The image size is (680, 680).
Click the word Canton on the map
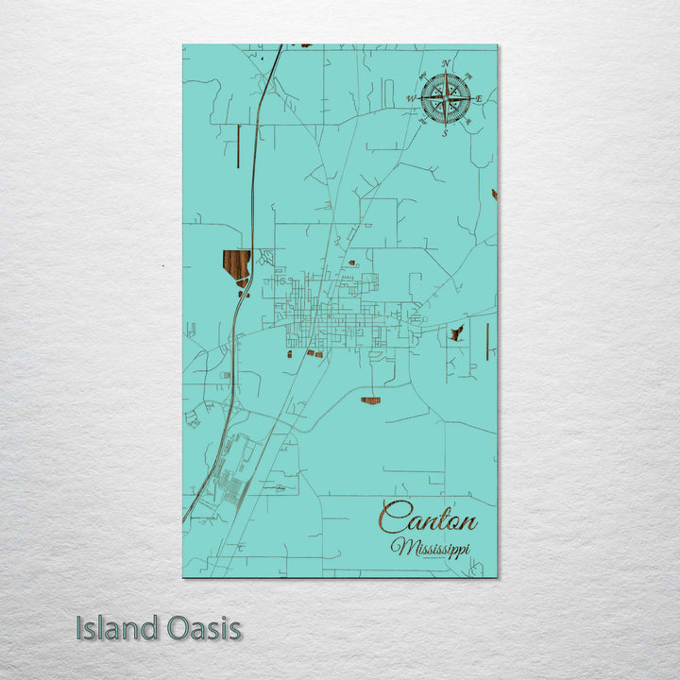pos(428,518)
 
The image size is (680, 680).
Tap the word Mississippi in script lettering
pos(431,548)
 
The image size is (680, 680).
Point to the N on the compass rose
pos(446,63)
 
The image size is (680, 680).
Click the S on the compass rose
pos(446,133)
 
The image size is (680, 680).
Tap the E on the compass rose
pos(480,98)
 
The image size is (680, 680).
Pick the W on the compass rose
pos(411,98)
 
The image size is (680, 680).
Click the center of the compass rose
pos(446,98)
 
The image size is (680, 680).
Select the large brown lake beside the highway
pos(236,265)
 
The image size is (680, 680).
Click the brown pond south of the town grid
pos(370,400)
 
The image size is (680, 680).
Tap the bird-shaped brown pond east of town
pos(457,333)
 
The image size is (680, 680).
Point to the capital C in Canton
pos(392,518)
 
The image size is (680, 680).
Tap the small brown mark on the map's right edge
pos(494,195)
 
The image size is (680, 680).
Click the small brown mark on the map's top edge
pos(305,45)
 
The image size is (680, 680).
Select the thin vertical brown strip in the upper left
pos(237,147)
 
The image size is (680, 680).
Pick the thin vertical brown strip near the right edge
pos(486,340)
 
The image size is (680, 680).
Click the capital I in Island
pos(79,628)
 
